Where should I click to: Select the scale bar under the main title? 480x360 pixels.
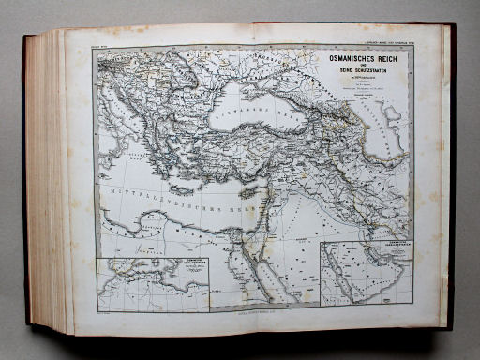(366, 112)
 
